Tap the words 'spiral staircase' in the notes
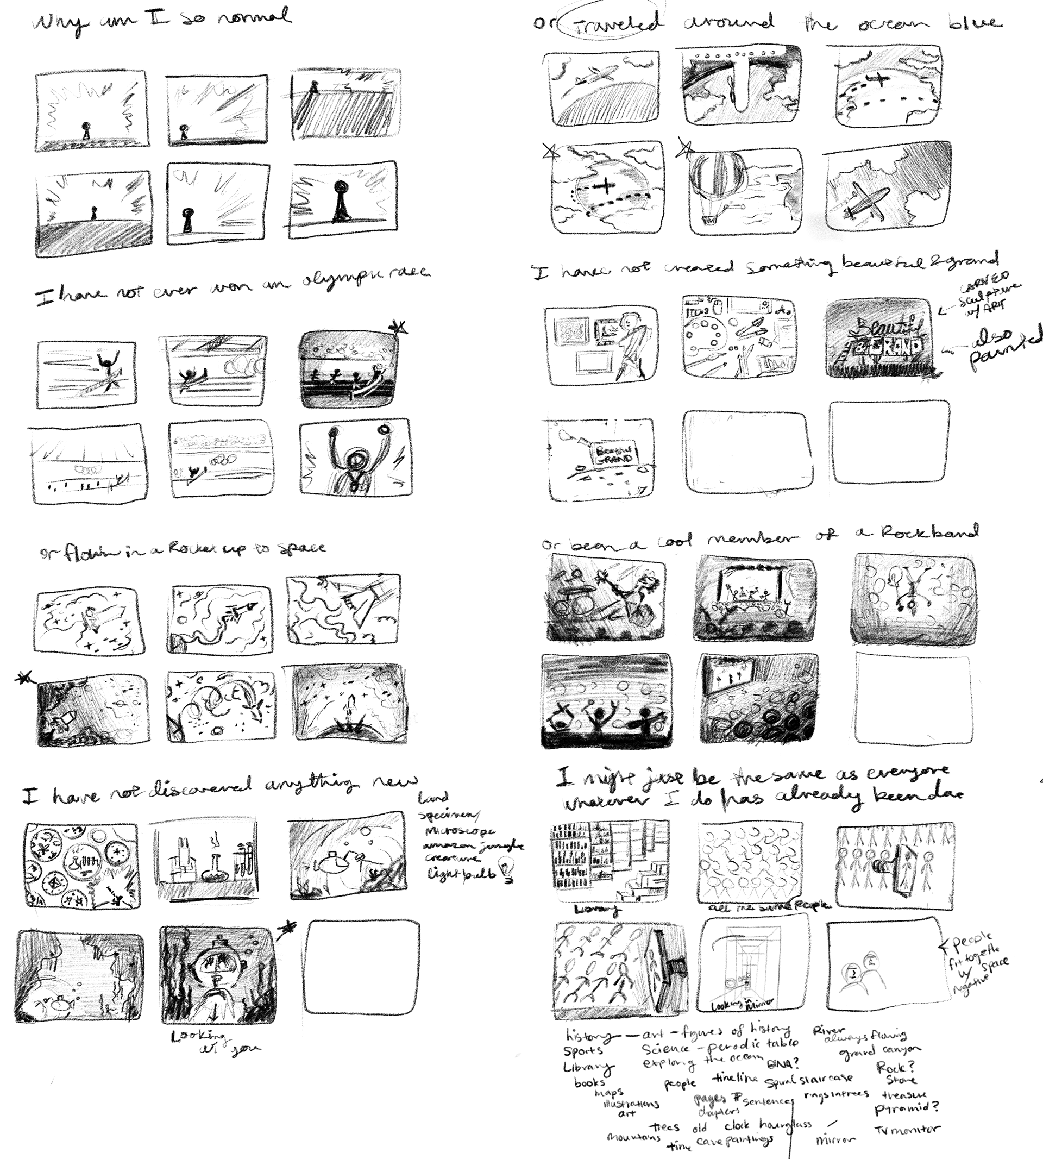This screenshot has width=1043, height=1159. [808, 1079]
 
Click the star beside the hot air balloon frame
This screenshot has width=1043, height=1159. [685, 148]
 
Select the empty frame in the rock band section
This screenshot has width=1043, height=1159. [912, 699]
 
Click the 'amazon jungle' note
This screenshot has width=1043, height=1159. [473, 846]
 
